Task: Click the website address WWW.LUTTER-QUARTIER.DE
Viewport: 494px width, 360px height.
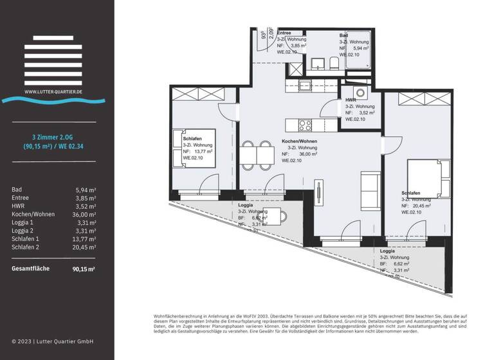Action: [x=54, y=92]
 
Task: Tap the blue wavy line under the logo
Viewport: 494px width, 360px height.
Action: [x=54, y=100]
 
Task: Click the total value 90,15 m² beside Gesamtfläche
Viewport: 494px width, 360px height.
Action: [x=84, y=270]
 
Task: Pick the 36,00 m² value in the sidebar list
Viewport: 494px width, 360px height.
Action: [x=84, y=214]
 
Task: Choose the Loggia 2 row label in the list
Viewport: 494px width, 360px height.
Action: [x=24, y=230]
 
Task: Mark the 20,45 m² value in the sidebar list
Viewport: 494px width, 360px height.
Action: [x=84, y=247]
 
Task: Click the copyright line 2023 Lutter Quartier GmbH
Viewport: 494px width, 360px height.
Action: [x=53, y=341]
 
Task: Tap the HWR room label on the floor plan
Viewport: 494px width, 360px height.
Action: [x=351, y=100]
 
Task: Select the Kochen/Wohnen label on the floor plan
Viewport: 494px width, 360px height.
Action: [x=299, y=141]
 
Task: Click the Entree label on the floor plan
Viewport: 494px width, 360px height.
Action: [x=284, y=32]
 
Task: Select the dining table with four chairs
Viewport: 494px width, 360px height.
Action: [x=256, y=155]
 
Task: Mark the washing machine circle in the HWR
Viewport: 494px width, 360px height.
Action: [x=361, y=92]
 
